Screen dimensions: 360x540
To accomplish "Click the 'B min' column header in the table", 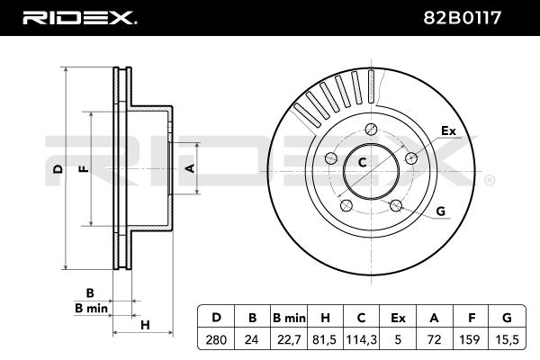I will [x=290, y=318].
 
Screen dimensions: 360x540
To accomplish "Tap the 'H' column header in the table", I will [x=325, y=318].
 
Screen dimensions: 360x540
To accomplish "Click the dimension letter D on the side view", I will [x=57, y=168].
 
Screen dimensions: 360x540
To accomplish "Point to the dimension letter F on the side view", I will [x=83, y=168].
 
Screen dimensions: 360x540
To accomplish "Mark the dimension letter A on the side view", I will [x=189, y=168].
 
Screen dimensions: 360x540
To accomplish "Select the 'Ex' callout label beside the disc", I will [x=448, y=131].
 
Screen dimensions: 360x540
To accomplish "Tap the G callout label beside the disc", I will [x=440, y=211].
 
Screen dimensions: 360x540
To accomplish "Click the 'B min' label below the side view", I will [x=91, y=308].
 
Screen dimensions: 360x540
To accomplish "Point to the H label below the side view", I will [x=144, y=324].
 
